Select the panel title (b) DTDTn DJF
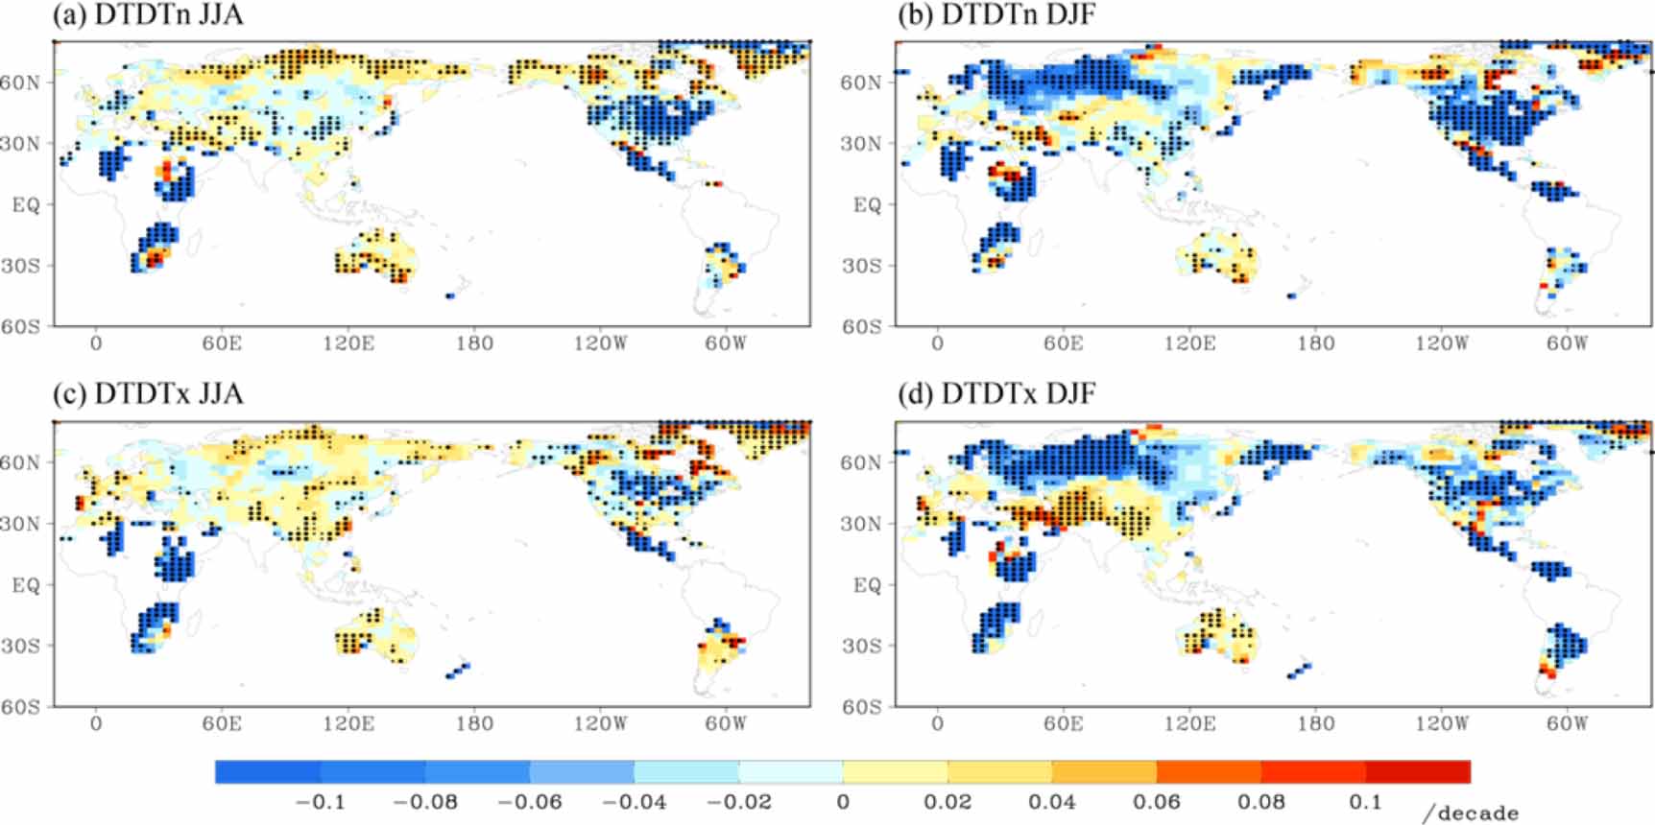[x=995, y=15]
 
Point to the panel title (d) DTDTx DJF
[x=995, y=394]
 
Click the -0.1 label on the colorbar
[x=320, y=802]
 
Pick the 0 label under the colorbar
[x=842, y=802]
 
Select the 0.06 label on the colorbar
[x=1156, y=802]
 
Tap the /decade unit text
[x=1470, y=813]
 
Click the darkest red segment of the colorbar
[x=1417, y=771]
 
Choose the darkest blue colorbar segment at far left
[x=268, y=771]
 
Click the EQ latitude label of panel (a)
[x=26, y=204]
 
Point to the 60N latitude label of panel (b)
[x=861, y=82]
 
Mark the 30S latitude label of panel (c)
[x=20, y=646]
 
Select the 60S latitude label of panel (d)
[x=861, y=707]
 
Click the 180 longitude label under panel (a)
[x=474, y=343]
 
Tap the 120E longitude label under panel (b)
[x=1188, y=343]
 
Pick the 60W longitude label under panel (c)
[x=725, y=723]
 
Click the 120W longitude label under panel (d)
[x=1441, y=723]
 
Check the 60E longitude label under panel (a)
[x=221, y=343]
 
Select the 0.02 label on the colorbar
[x=947, y=802]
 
